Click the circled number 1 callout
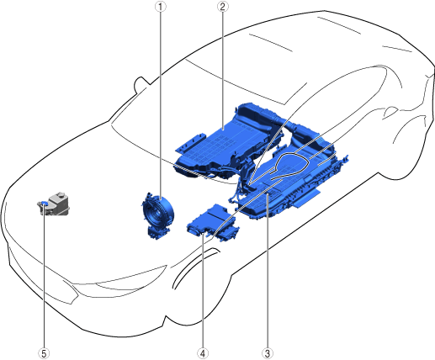click(161, 7)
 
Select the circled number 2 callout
click(223, 7)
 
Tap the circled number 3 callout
click(268, 353)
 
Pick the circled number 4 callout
click(203, 353)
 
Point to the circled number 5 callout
click(44, 353)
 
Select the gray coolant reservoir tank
click(55, 204)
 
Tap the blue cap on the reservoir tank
click(44, 203)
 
